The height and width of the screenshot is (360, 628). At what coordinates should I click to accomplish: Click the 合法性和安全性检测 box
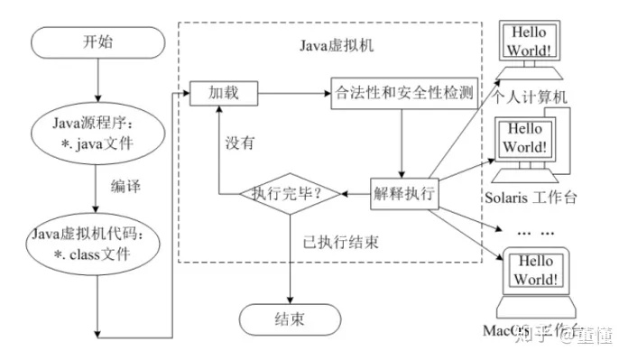pos(403,93)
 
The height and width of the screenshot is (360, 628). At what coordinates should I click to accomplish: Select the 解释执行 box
pos(403,192)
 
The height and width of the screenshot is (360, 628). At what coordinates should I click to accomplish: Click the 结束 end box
pos(289,319)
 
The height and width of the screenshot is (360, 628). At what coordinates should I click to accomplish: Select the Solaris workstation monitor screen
pos(526,138)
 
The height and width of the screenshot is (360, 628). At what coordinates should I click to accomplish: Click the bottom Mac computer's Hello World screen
pos(531,269)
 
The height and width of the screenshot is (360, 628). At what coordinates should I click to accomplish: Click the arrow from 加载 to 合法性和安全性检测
pos(292,93)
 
